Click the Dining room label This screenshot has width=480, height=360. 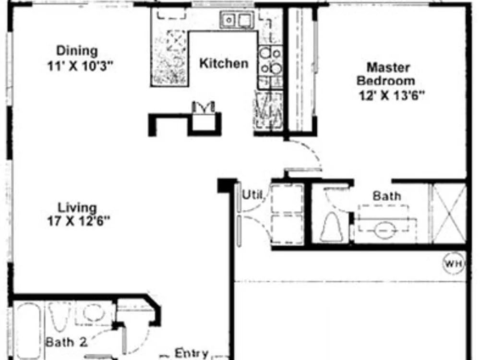[77, 51]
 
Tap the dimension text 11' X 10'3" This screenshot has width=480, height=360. [80, 66]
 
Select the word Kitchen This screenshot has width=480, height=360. [224, 63]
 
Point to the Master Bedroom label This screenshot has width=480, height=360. [386, 74]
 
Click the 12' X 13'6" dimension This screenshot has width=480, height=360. [392, 96]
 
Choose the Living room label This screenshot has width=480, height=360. [77, 208]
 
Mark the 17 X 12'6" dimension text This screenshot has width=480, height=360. [78, 221]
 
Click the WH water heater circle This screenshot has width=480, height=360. [454, 263]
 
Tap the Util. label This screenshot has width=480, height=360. [253, 194]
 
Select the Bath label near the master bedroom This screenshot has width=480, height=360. [387, 196]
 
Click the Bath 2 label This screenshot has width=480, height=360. [66, 342]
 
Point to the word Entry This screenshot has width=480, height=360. [192, 353]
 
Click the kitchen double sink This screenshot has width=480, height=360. [237, 20]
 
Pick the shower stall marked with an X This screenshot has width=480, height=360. [448, 214]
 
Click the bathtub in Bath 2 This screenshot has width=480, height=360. [28, 331]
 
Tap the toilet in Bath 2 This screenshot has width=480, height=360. [59, 317]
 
